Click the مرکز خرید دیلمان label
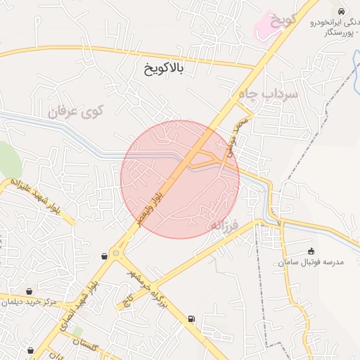coord(29,302)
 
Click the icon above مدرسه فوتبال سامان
coord(311,251)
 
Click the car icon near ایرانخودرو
coord(341,12)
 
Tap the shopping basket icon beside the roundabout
coord(105,256)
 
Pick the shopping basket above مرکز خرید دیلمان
coord(29,291)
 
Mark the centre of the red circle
coord(180,179)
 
